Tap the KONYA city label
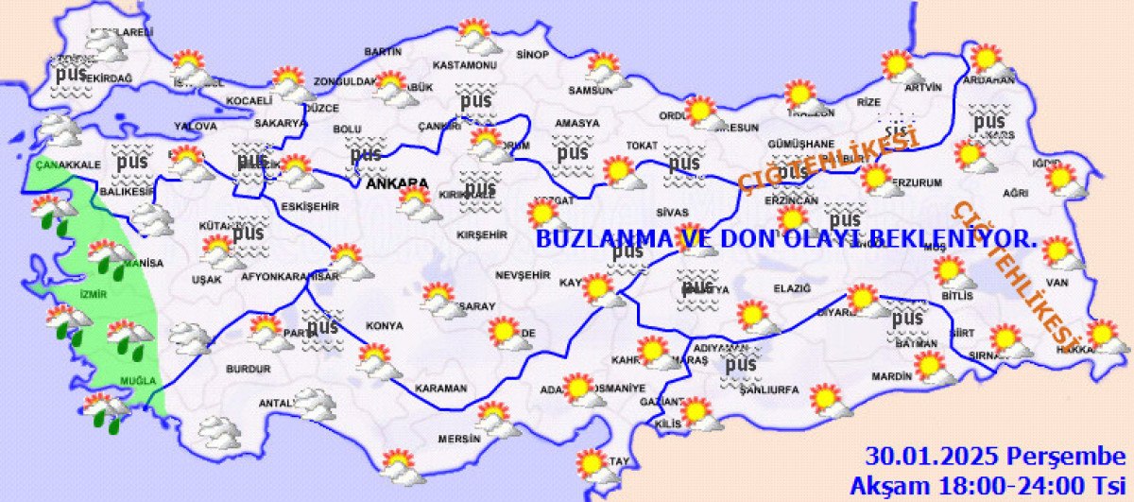(x=384, y=326)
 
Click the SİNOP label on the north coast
(x=532, y=55)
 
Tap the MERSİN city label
(x=459, y=439)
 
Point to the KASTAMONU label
(x=464, y=65)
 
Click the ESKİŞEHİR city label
(x=310, y=206)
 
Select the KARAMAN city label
(x=441, y=389)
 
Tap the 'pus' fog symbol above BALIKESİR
(x=131, y=163)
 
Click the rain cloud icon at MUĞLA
(x=105, y=409)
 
